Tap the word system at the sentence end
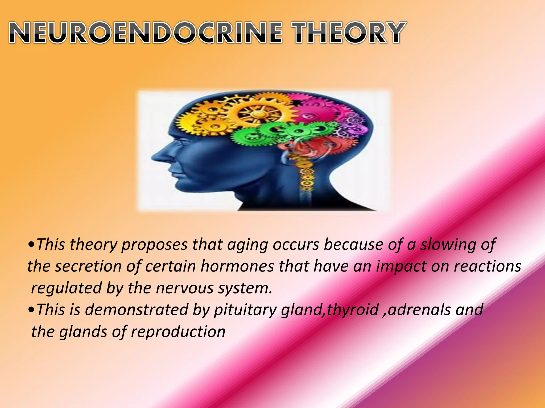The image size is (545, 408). coord(245,288)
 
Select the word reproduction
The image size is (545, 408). coord(178,332)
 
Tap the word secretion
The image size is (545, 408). coord(88,266)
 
